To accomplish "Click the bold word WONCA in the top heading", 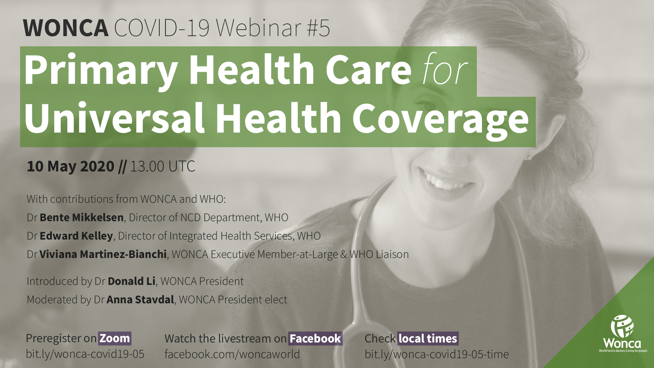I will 66,28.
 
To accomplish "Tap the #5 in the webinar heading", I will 318,28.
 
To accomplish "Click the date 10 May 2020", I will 70,166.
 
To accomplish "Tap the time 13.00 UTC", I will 162,166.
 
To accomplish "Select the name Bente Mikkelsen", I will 81,217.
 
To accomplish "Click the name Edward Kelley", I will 76,236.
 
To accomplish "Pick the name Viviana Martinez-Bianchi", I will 103,254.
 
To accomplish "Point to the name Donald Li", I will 131,281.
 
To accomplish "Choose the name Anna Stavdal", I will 140,300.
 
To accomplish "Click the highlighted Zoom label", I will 115,338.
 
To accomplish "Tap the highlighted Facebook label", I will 315,338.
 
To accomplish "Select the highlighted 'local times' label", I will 428,338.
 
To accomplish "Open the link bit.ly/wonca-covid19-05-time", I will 437,354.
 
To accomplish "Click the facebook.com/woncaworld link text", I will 232,354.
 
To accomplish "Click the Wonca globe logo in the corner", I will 622,326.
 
